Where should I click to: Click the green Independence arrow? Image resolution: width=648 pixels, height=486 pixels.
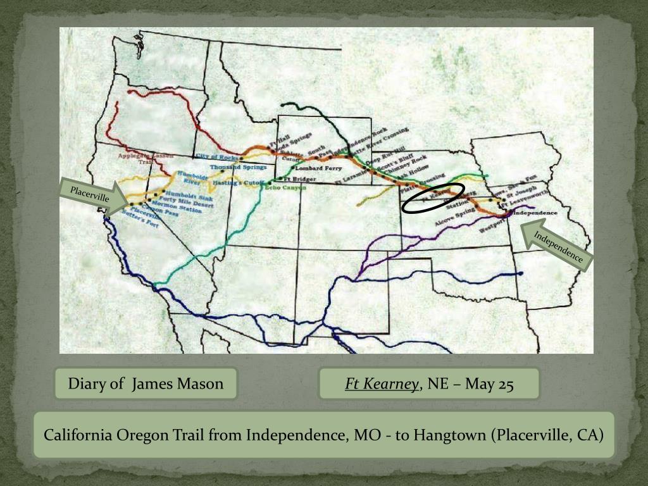555,247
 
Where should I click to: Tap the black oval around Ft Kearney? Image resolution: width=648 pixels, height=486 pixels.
433,198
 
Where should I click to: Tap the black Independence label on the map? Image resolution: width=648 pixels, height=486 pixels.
536,213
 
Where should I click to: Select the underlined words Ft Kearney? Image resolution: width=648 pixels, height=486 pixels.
382,384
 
